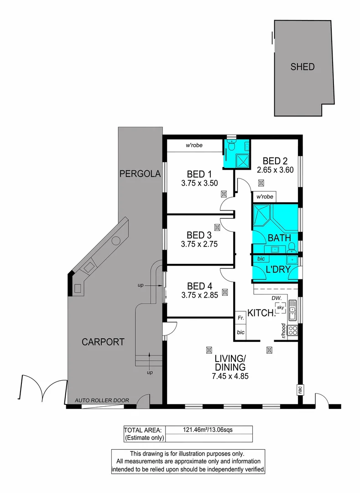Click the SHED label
303,67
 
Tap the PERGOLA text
140,173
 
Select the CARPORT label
103,341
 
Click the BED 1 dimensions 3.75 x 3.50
199,184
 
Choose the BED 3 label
199,235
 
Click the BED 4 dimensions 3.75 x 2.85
199,295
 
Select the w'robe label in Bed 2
265,197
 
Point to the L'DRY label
278,270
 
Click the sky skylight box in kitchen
281,308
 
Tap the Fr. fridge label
240,316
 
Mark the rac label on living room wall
300,390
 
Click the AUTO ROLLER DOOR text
102,400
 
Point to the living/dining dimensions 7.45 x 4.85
230,377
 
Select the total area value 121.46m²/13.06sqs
208,430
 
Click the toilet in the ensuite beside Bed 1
232,147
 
